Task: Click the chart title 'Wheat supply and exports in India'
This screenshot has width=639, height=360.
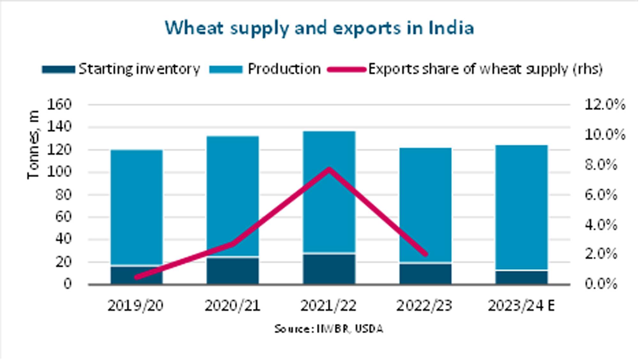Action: click(319, 28)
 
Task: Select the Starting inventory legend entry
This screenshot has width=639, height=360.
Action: click(121, 69)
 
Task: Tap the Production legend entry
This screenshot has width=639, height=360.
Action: click(265, 69)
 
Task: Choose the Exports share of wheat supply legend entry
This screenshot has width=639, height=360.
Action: click(465, 69)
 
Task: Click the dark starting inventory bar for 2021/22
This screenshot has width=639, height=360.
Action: click(329, 269)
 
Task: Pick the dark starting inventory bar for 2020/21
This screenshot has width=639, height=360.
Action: click(233, 270)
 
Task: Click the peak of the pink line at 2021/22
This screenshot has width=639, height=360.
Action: click(329, 169)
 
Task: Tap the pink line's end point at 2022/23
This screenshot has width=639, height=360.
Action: click(425, 254)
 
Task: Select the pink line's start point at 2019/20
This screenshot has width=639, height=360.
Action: click(137, 277)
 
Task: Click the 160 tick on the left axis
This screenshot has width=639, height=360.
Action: click(59, 104)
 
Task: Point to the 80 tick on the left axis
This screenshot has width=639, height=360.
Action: click(63, 194)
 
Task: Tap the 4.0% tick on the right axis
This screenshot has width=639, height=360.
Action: click(601, 225)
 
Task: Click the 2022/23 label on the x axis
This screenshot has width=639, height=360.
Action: click(424, 306)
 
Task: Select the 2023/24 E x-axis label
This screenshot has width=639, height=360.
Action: click(521, 306)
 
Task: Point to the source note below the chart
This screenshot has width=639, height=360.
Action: click(328, 329)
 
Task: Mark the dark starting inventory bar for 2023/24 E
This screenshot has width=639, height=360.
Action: click(521, 277)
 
